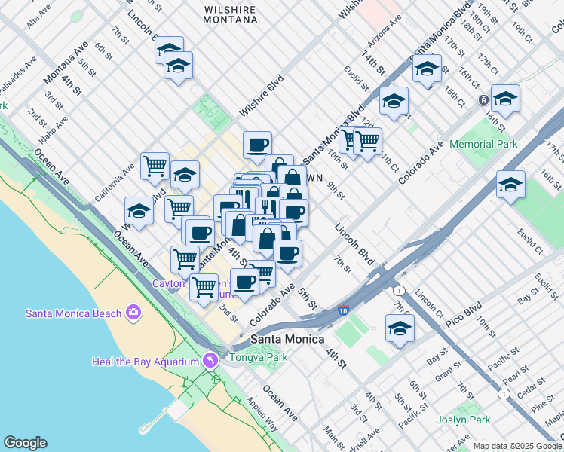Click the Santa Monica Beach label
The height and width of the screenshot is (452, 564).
pyautogui.click(x=74, y=313)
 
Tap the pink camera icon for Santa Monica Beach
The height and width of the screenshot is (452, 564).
pyautogui.click(x=133, y=312)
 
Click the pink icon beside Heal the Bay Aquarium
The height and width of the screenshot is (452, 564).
pyautogui.click(x=209, y=361)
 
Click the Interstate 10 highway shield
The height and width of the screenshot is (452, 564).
pyautogui.click(x=343, y=309)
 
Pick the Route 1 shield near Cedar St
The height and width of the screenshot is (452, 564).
pyautogui.click(x=504, y=393)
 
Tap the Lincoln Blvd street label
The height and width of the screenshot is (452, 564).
pyautogui.click(x=354, y=244)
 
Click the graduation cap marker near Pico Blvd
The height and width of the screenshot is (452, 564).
pyautogui.click(x=400, y=328)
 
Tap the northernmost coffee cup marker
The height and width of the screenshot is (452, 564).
pyautogui.click(x=257, y=143)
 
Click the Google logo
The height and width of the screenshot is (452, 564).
pyautogui.click(x=25, y=442)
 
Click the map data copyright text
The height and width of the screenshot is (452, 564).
pyautogui.click(x=516, y=446)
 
